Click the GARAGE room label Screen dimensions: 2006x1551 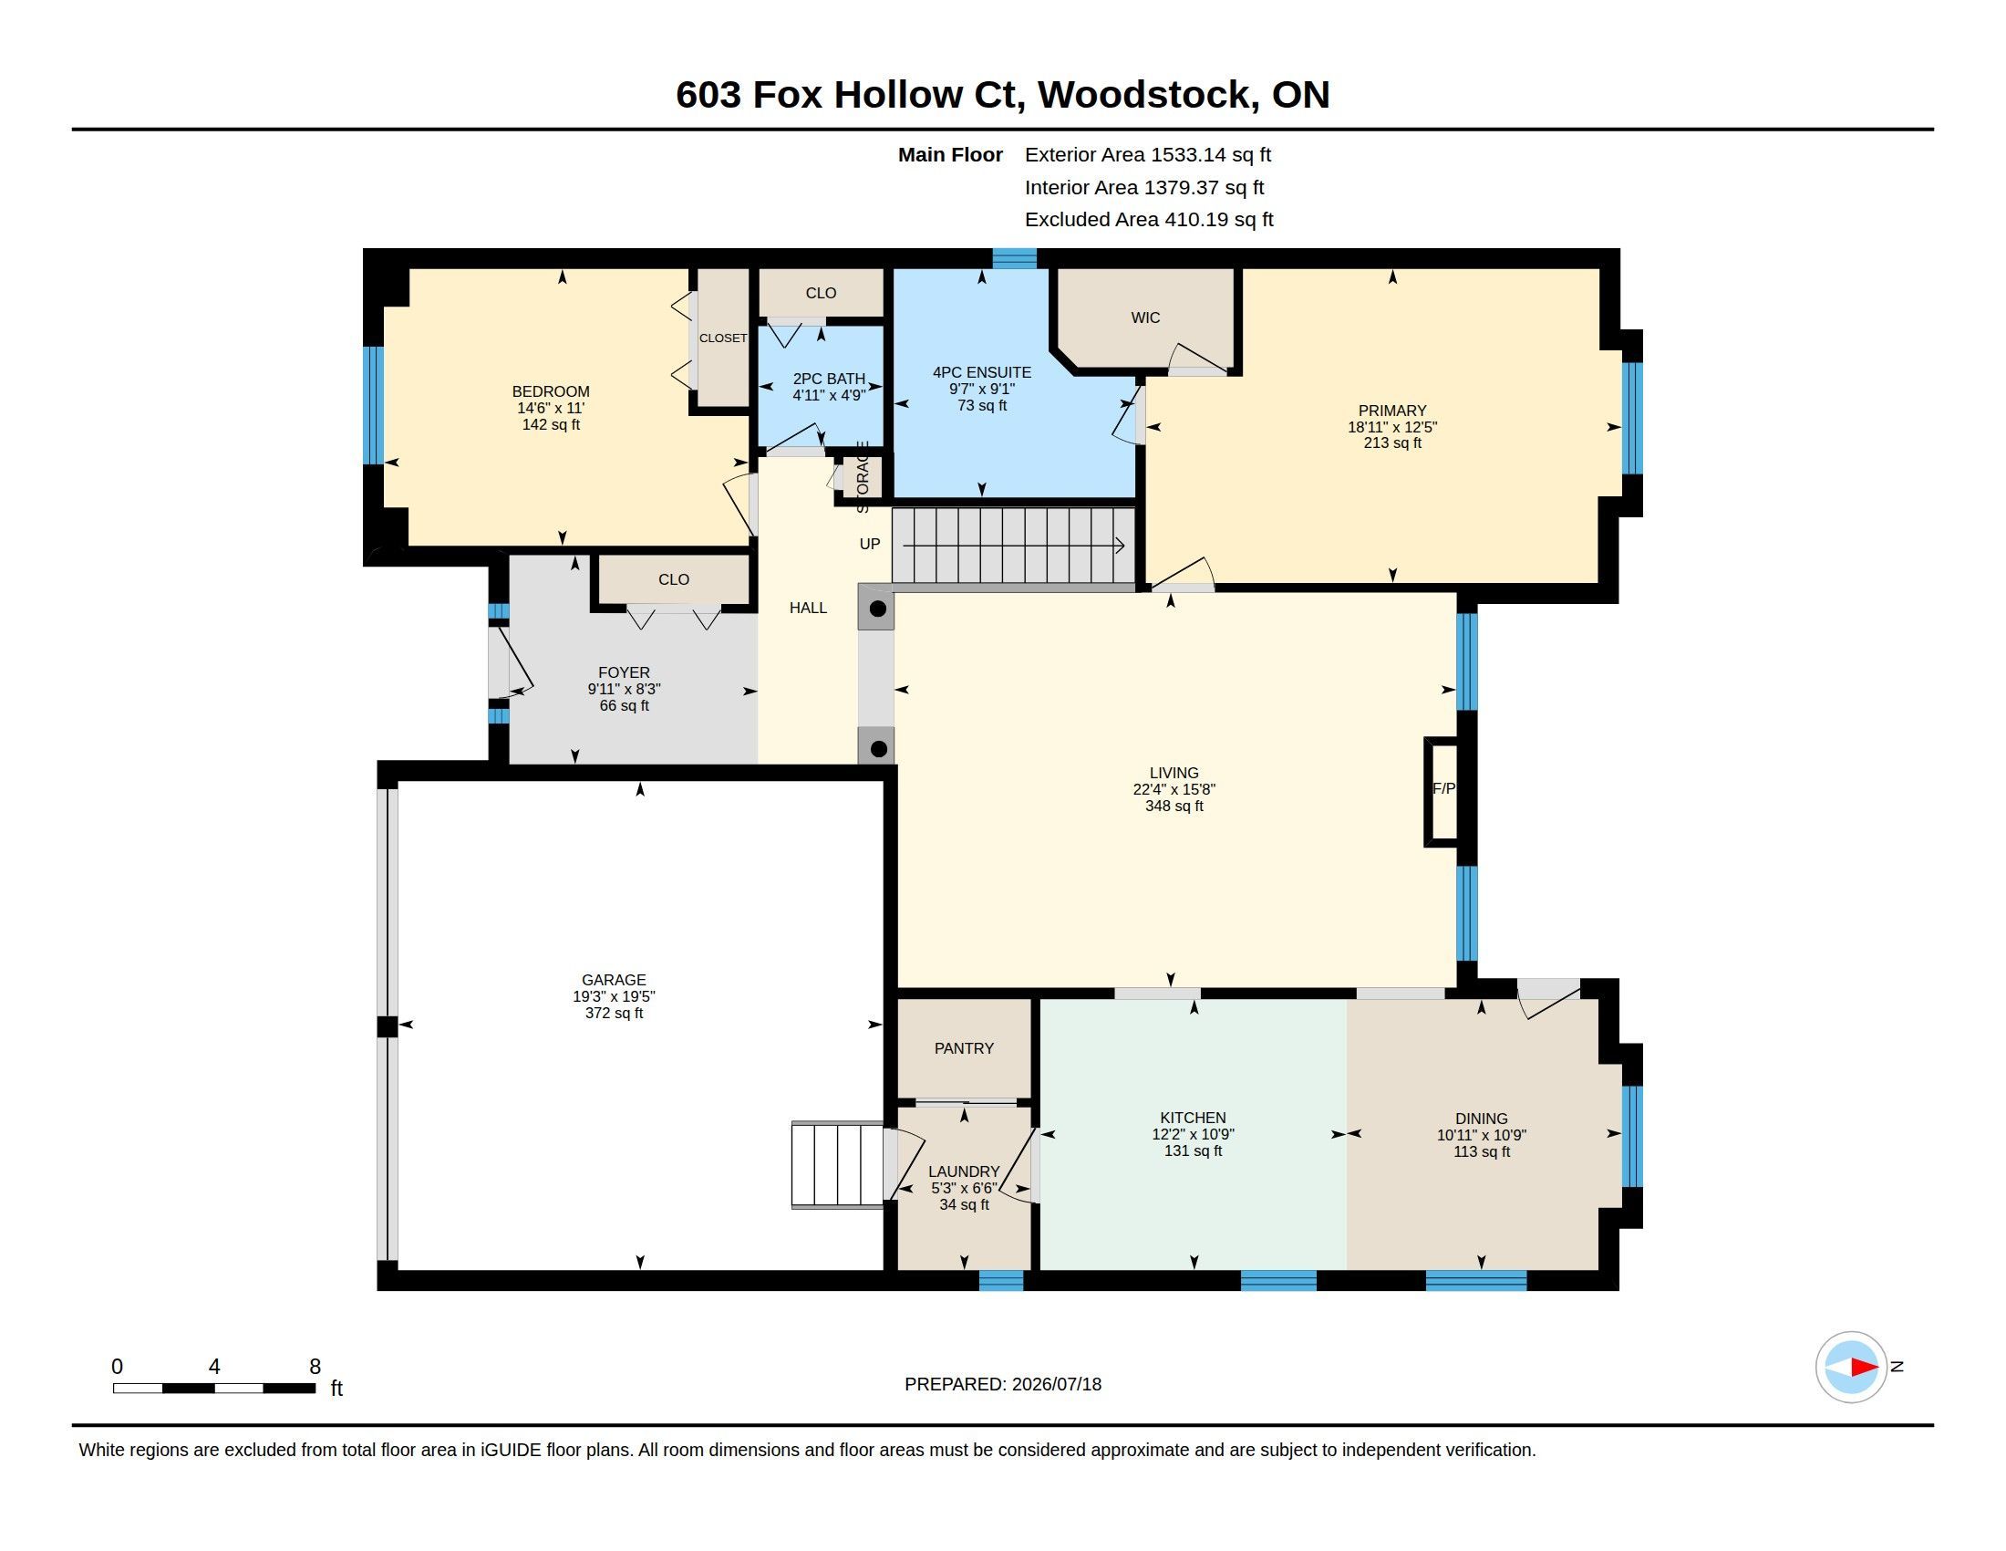pyautogui.click(x=614, y=980)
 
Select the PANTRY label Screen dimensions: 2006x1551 pyautogui.click(x=964, y=1048)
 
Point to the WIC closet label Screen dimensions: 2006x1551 pyautogui.click(x=1145, y=317)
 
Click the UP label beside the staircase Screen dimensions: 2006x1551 pyautogui.click(x=870, y=544)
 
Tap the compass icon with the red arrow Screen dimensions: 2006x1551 pyautogui.click(x=1851, y=1368)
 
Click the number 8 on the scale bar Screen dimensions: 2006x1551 pyautogui.click(x=315, y=1367)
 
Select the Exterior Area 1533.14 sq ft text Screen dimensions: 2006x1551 pyautogui.click(x=1148, y=155)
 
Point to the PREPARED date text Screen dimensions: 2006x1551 pyautogui.click(x=1003, y=1384)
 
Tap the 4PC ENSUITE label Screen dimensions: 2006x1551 pyautogui.click(x=982, y=372)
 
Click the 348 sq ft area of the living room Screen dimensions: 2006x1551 pyautogui.click(x=1174, y=806)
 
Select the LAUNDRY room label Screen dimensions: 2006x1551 pyautogui.click(x=964, y=1171)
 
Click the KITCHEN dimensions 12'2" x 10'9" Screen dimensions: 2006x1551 pyautogui.click(x=1194, y=1134)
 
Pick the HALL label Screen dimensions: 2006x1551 pyautogui.click(x=808, y=609)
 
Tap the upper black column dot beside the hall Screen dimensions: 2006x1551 pyautogui.click(x=878, y=609)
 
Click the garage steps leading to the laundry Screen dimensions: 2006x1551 pyautogui.click(x=838, y=1164)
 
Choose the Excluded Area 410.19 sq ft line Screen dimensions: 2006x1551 pyautogui.click(x=1149, y=220)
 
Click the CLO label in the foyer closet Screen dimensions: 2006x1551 pyautogui.click(x=673, y=579)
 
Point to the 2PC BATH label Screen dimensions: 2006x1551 pyautogui.click(x=829, y=379)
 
